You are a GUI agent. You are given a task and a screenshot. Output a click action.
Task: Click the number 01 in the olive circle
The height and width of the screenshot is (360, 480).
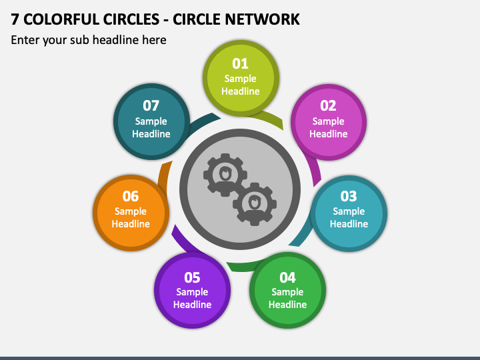point(240,63)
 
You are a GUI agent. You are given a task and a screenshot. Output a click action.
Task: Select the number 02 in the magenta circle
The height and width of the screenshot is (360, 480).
point(328,105)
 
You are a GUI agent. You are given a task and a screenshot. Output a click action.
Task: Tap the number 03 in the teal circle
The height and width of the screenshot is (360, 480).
point(349,196)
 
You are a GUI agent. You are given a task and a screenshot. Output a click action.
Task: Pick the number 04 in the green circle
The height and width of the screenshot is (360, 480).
point(287,277)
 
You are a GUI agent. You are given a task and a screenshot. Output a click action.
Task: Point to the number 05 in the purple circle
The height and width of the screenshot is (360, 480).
point(192,277)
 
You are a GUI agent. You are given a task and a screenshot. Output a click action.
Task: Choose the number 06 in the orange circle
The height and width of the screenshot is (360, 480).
point(131,196)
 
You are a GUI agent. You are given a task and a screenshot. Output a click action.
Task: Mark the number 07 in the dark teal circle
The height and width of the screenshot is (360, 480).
point(151,105)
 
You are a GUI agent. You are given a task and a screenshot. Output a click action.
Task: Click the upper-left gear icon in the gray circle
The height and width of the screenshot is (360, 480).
point(225,175)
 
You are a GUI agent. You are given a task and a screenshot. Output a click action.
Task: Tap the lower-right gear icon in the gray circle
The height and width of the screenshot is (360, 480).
point(254,203)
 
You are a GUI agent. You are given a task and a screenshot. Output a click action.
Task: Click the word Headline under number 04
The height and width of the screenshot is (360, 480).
point(287,305)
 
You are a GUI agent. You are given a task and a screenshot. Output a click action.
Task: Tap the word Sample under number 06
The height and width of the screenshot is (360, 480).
point(131,211)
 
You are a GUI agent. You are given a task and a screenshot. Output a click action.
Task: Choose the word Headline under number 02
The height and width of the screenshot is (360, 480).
point(328,134)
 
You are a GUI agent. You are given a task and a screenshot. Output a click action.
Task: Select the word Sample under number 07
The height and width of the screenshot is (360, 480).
point(151,121)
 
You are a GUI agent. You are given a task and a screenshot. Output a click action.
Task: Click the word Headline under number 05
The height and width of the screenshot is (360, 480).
point(192,305)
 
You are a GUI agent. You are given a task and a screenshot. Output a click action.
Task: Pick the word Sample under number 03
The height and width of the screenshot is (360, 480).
point(349,211)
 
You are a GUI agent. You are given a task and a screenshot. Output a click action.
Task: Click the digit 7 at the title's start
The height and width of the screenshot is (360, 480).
point(15,19)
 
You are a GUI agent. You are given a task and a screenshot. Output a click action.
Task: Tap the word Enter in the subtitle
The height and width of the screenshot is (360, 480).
point(25,40)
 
